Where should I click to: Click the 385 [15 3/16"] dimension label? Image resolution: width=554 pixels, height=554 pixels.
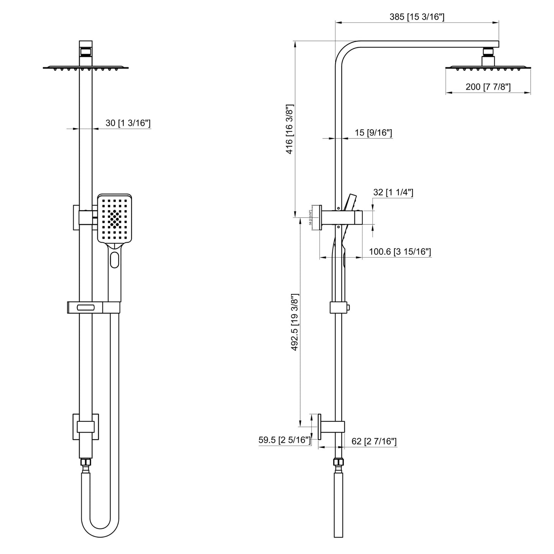(x=417, y=17)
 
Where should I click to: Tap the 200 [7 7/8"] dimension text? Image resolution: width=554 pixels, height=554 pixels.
(x=488, y=87)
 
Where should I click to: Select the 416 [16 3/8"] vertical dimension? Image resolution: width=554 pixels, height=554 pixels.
(x=289, y=129)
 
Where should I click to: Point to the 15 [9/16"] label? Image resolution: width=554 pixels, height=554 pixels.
(x=373, y=133)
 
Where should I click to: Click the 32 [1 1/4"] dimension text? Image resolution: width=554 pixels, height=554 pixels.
(x=393, y=192)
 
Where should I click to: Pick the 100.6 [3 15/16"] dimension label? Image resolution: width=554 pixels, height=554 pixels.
(x=400, y=252)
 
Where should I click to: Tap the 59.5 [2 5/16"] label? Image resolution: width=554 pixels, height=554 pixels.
(x=284, y=440)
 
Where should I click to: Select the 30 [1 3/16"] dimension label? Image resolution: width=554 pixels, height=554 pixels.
(x=128, y=123)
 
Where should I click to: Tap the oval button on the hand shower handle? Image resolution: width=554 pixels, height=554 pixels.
(x=114, y=260)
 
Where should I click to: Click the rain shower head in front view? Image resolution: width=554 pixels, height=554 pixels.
(x=85, y=68)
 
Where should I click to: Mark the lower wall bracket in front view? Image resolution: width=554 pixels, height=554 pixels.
(x=85, y=427)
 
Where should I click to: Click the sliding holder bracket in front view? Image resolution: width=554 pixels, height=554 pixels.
(x=94, y=307)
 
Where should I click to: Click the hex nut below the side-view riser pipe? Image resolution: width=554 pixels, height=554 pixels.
(x=339, y=462)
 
